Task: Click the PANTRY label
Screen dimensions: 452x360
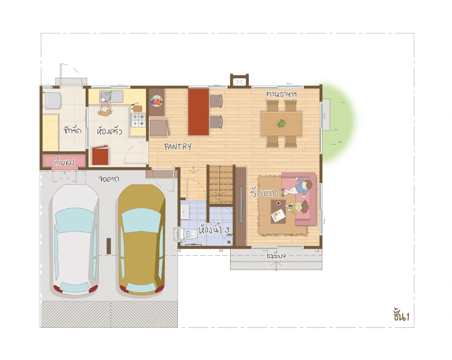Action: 178,147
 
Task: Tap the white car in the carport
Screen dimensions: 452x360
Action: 75,240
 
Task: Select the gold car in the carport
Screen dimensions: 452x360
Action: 142,240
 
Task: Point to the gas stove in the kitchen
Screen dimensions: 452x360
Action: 138,120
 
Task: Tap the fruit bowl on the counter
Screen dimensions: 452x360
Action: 157,101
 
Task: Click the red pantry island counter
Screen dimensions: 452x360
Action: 199,112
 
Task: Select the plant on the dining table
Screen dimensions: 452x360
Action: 281,124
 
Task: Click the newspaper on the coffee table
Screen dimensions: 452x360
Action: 278,216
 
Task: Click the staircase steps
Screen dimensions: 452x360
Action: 220,185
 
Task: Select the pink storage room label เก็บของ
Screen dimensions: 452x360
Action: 64,162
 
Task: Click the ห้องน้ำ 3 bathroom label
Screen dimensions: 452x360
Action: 214,230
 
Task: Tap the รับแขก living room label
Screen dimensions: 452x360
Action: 264,192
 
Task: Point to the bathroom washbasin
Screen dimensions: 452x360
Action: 185,212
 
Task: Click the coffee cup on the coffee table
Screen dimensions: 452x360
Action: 278,203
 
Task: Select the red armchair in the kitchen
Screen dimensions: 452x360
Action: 101,156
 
